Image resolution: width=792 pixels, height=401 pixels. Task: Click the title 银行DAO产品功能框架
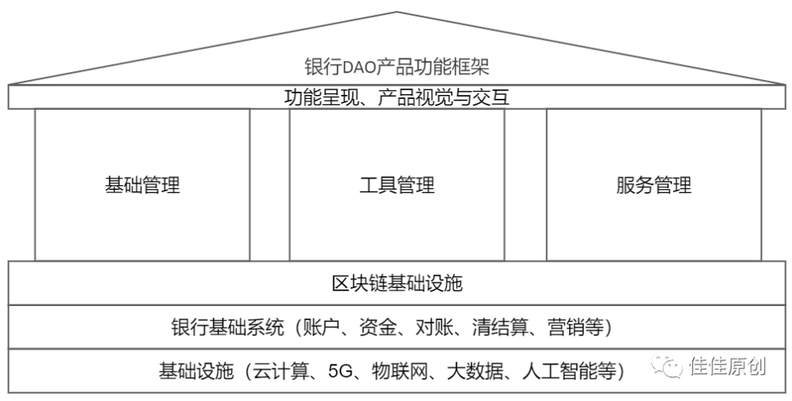(397, 67)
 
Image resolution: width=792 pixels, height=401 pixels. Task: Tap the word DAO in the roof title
(360, 67)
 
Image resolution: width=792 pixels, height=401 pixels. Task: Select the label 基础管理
(143, 185)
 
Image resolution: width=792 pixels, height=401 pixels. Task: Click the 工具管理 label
(397, 185)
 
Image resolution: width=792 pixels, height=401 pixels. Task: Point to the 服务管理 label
(653, 185)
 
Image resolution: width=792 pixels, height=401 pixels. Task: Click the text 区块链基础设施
(397, 283)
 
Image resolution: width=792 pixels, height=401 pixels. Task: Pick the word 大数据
(474, 371)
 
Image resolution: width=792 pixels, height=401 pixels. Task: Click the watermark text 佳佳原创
(728, 366)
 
